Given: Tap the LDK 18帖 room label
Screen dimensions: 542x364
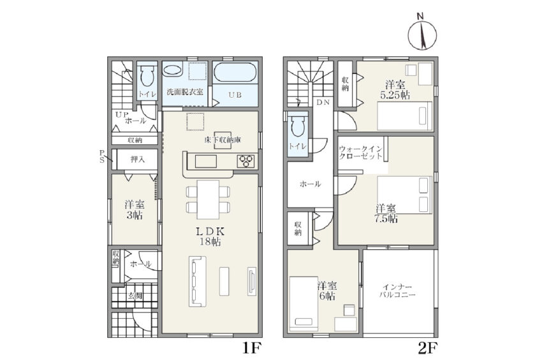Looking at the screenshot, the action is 210,236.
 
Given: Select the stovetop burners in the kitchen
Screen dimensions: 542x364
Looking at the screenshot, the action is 246,161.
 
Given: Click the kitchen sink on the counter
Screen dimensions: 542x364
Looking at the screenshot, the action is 206,162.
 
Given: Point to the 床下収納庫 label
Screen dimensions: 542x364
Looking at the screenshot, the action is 223,140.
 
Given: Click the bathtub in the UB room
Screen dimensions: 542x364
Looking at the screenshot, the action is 235,72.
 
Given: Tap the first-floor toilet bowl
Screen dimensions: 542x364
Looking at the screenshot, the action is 147,77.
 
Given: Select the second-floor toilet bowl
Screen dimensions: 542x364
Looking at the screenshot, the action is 298,126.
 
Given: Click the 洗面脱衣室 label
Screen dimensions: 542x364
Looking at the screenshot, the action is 185,92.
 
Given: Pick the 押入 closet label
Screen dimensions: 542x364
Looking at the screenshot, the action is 137,160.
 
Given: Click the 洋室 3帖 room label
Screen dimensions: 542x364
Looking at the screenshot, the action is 135,209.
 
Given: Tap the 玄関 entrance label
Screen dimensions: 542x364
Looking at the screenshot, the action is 135,296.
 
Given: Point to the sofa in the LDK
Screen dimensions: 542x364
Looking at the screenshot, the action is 198,281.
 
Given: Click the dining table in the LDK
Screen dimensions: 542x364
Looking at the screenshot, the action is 208,199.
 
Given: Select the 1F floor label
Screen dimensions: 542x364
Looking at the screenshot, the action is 251,347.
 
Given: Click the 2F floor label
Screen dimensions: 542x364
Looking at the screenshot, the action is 428,347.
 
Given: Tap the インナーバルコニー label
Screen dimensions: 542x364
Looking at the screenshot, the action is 397,291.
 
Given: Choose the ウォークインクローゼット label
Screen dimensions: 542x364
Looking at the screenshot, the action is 361,153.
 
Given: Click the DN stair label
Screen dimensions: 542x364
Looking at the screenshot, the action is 323,102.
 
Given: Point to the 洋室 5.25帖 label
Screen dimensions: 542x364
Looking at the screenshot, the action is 395,90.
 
